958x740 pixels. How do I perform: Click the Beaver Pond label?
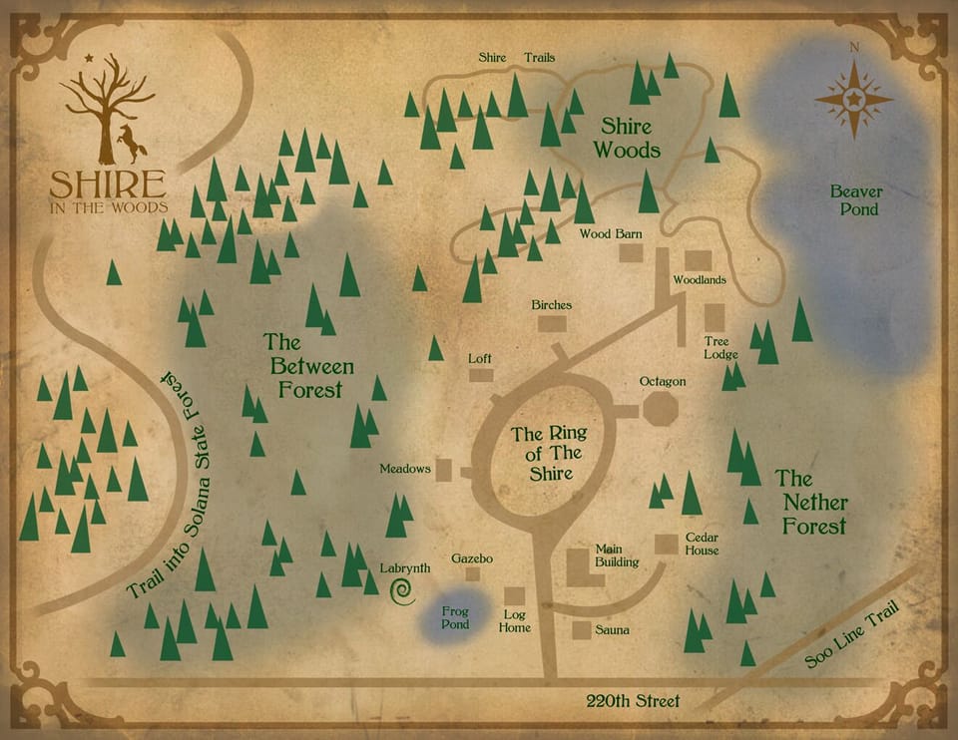click(854, 199)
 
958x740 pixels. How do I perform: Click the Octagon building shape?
click(661, 409)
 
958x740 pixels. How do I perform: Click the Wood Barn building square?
click(631, 252)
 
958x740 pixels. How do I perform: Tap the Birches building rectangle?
click(552, 323)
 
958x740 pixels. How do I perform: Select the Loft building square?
click(481, 375)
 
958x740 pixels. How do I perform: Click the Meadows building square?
click(444, 470)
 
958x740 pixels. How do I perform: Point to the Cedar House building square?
click(666, 544)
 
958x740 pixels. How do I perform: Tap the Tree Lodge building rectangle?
click(715, 317)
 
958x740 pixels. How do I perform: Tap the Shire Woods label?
click(627, 139)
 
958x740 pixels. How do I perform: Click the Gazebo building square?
click(472, 573)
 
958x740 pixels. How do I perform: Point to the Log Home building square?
click(514, 595)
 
